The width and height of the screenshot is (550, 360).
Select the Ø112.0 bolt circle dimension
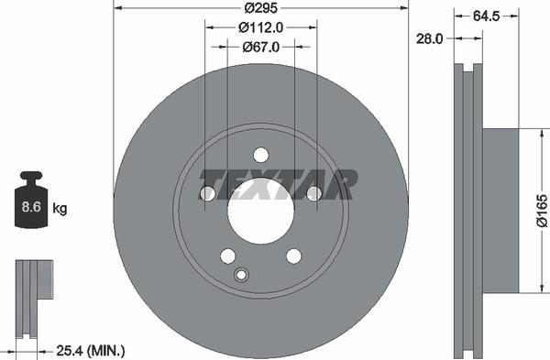coord(259,27)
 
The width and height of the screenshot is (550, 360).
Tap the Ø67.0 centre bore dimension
coord(259,46)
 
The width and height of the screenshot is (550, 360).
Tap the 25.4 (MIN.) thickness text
coord(90,350)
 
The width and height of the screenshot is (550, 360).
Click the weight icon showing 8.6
coord(30,203)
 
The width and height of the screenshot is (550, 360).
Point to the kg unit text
coord(60,209)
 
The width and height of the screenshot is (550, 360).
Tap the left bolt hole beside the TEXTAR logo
coord(207,193)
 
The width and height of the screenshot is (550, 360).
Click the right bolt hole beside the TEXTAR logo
coord(313,193)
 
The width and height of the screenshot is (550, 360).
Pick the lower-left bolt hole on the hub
coord(227,256)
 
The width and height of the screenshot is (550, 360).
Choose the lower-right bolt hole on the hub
coord(293,256)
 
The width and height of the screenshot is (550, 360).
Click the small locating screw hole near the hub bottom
coord(242,275)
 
